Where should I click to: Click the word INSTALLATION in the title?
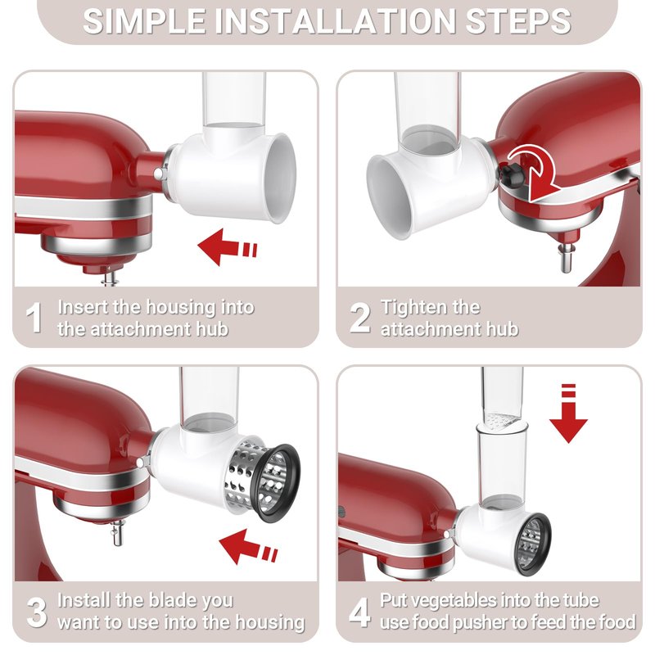click(x=336, y=21)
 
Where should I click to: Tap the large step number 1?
click(x=34, y=318)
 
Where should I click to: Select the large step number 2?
click(x=359, y=318)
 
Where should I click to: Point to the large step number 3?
click(x=36, y=612)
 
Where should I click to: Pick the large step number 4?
click(x=359, y=612)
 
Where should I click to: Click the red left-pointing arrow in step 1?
click(x=227, y=247)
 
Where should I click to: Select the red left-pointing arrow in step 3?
click(x=248, y=546)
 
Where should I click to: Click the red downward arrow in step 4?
click(x=568, y=413)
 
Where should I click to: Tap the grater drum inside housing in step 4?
click(x=531, y=544)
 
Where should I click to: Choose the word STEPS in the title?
click(x=518, y=21)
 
